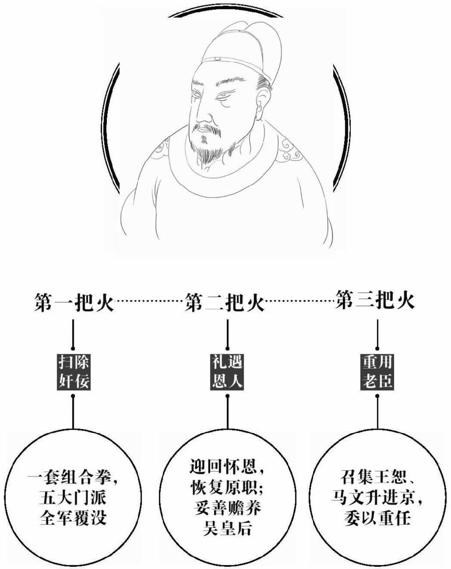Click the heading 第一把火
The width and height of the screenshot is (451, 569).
click(73, 303)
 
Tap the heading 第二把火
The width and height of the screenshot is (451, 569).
click(225, 303)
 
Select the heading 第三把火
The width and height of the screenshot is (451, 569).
click(375, 301)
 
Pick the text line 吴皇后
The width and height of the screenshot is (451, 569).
click(227, 528)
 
